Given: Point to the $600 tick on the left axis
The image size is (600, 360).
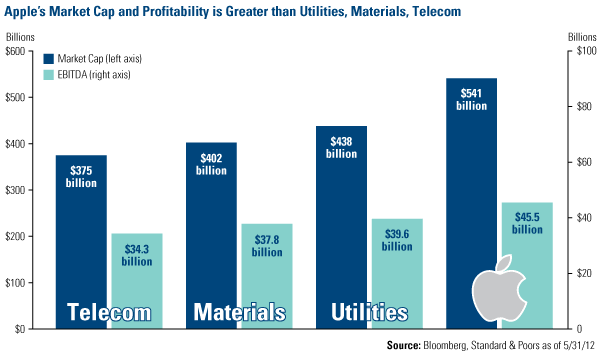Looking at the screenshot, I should pyautogui.click(x=20, y=52).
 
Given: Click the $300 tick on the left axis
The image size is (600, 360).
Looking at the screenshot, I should pyautogui.click(x=20, y=190).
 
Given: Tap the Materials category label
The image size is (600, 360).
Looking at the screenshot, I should pyautogui.click(x=239, y=313).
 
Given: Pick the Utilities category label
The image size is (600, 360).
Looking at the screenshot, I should pyautogui.click(x=369, y=313).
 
